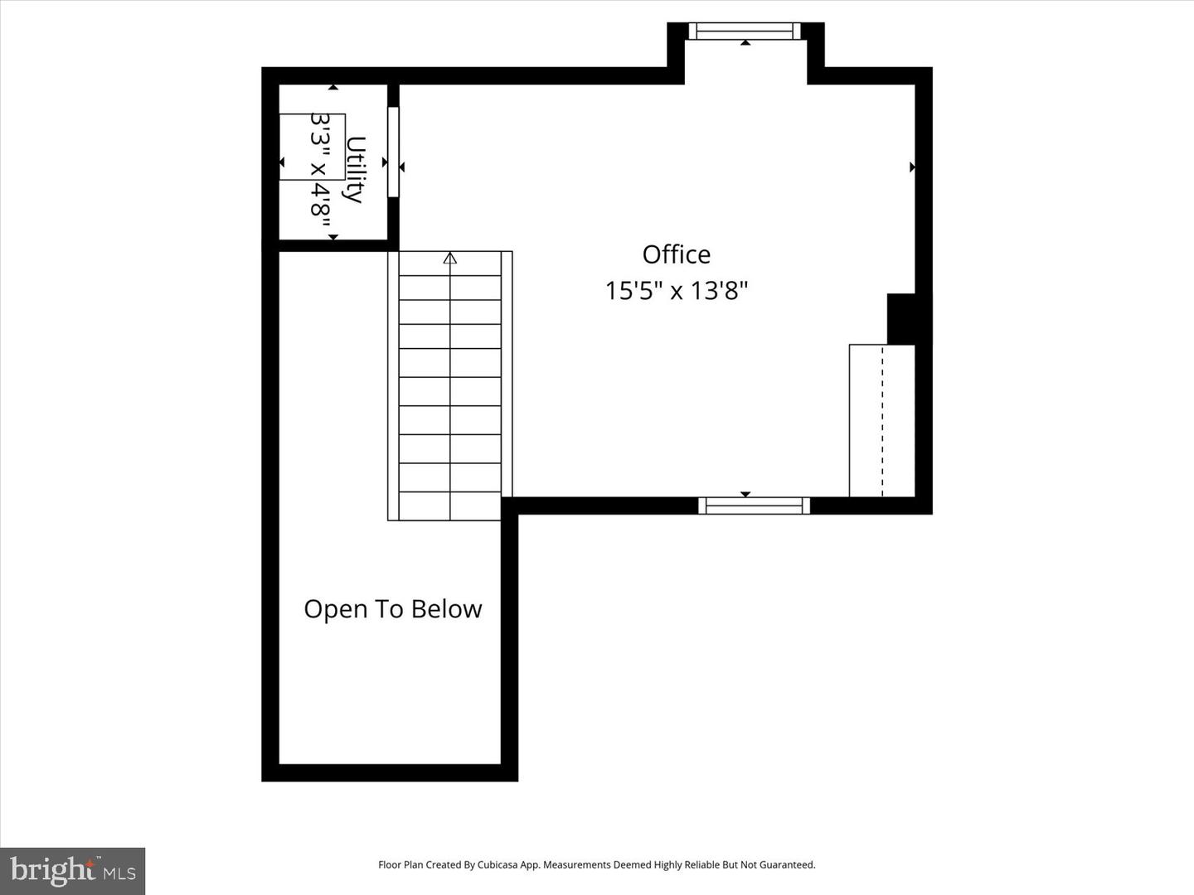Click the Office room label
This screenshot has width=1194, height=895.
pos(676,254)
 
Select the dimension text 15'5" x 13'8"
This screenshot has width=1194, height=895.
pos(676,291)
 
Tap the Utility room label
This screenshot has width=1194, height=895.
pos(355,169)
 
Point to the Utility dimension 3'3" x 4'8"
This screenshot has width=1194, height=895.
pos(321,166)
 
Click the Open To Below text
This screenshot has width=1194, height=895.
pos(392,609)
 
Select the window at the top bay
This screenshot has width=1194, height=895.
pos(745,31)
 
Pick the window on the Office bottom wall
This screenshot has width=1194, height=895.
pos(754,506)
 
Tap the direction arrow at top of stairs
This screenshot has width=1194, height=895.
pos(450,259)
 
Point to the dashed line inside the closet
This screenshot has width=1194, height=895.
pos(882,421)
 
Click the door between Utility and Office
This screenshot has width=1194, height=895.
pos(393,152)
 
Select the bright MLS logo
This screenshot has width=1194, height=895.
pos(73,871)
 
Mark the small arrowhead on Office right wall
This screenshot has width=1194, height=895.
pos(912,167)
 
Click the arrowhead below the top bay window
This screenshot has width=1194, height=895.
pos(745,42)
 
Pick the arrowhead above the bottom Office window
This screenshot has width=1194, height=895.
pos(745,494)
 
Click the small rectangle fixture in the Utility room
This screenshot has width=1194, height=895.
pos(312,147)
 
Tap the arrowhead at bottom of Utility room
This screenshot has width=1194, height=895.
pos(333,238)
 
